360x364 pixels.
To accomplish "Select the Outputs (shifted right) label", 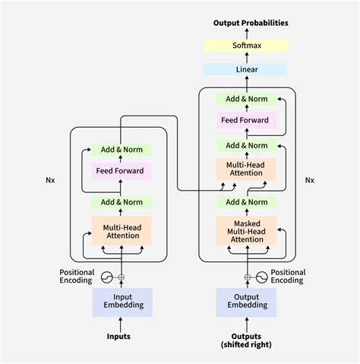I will pos(247,340).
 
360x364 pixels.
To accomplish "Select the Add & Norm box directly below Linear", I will pos(247,99).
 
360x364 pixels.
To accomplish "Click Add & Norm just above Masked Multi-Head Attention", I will pos(247,201).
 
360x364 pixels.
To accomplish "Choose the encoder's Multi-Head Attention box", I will pos(122,229).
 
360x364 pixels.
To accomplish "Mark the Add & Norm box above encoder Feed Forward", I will pos(122,150).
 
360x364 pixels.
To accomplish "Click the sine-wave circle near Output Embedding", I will pos(263,277).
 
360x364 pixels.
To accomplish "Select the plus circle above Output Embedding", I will pos(247,277).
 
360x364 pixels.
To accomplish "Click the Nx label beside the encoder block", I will pos(51,181).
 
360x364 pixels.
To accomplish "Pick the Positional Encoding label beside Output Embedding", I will pos(288,277).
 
